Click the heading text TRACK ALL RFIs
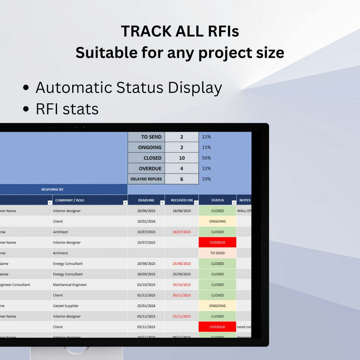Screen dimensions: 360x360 point(180,31)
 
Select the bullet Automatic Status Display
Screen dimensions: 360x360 point(129,88)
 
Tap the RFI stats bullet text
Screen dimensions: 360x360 point(67,109)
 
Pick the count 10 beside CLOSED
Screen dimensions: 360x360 point(182,158)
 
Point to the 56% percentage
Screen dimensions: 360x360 point(206,158)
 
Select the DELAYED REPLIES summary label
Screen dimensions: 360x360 point(146,179)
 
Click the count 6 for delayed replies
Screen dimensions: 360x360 point(182,179)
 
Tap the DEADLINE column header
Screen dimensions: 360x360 point(146,200)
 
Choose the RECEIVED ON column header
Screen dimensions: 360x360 point(182,200)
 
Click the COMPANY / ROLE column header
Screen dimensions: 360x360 point(70,200)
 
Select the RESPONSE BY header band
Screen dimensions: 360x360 point(52,189)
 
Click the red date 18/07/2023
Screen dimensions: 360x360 point(182,232)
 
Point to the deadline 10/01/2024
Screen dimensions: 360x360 point(146,221)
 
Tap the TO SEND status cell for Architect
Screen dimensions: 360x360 point(217,253)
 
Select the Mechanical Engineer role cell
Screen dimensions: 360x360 point(70,285)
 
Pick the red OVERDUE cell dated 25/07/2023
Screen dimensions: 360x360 point(217,243)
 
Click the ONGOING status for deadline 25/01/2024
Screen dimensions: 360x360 point(217,306)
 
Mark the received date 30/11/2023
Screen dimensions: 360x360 point(182,295)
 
